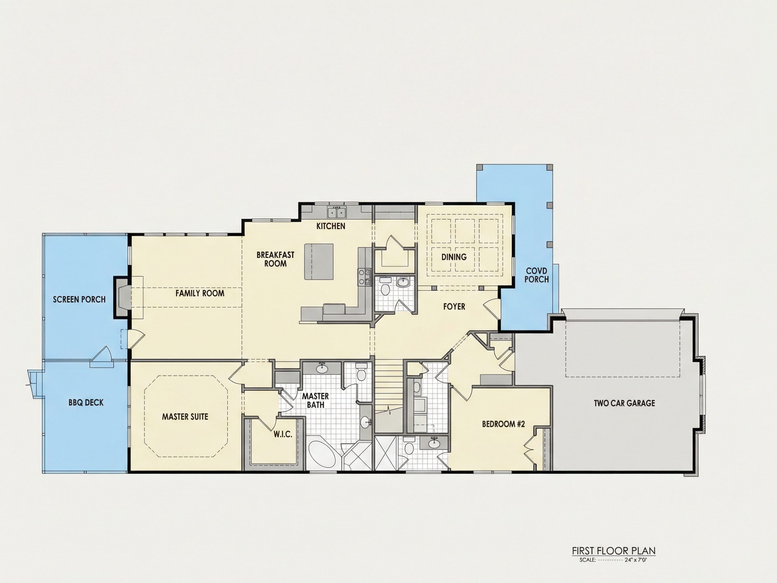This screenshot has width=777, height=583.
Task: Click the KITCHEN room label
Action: tap(330, 226)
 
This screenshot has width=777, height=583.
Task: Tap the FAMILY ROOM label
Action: tap(200, 293)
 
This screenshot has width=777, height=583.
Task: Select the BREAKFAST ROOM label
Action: tap(276, 259)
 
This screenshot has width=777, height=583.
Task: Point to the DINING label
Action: tap(454, 257)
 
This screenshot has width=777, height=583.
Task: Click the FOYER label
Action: tap(454, 306)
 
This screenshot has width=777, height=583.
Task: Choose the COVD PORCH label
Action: tap(537, 275)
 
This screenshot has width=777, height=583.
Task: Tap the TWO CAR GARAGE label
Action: tap(625, 403)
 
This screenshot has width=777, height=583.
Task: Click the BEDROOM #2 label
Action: tap(503, 424)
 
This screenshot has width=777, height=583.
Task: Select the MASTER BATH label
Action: tap(315, 400)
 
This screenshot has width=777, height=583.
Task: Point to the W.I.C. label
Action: tap(283, 435)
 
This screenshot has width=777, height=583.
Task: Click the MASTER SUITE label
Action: tap(185, 417)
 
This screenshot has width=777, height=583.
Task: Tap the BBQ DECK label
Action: tap(86, 403)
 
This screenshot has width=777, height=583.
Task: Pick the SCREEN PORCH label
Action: tap(79, 299)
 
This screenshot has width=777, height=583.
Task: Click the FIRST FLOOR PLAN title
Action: tap(614, 551)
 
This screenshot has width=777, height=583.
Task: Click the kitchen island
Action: tap(319, 262)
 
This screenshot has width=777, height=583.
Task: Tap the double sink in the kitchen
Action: tap(337, 213)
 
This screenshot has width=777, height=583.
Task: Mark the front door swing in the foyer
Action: tap(491, 310)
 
